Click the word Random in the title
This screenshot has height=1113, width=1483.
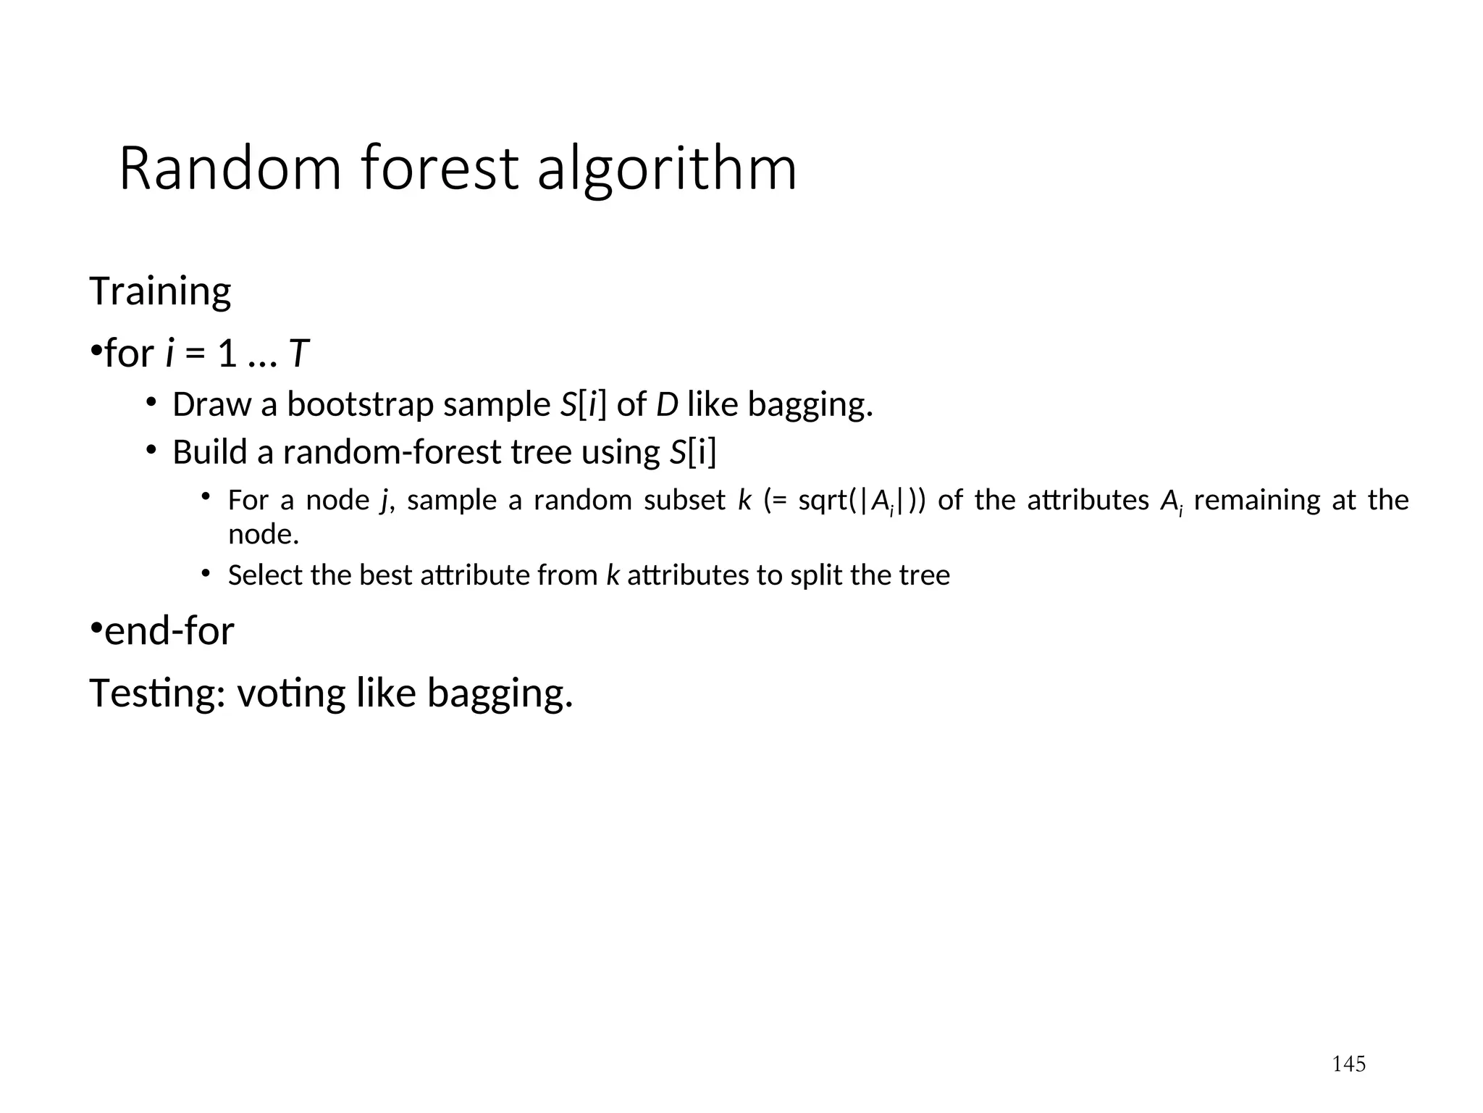coord(230,169)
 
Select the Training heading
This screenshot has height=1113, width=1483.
coord(160,292)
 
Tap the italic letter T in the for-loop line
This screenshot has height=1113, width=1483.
coord(298,354)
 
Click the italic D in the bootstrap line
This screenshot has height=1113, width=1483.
coord(666,404)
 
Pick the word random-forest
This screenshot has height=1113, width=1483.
coord(392,452)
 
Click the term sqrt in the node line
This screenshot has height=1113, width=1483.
coord(823,501)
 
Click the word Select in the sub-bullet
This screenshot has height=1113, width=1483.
coord(264,575)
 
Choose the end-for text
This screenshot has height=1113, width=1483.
coord(169,631)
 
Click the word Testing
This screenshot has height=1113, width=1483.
coord(152,693)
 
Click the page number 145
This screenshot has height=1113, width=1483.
coord(1349,1064)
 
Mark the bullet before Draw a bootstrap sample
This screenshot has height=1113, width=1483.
coord(151,402)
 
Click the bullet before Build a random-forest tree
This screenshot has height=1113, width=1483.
coord(151,450)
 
